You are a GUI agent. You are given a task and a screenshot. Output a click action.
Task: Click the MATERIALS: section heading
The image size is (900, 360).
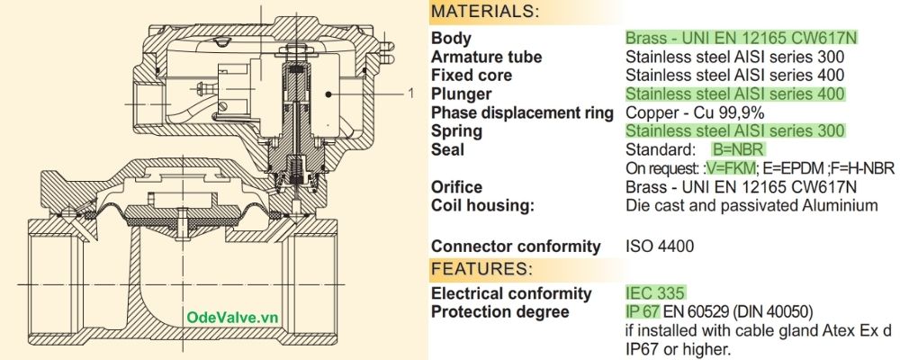[x=485, y=12]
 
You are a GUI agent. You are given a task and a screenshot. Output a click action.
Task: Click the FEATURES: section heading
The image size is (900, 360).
[x=480, y=269]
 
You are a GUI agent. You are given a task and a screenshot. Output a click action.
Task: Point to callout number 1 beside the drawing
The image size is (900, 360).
[x=410, y=93]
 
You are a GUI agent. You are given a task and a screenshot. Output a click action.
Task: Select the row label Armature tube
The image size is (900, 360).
[x=486, y=57]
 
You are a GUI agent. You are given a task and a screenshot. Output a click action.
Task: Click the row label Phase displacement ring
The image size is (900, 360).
[x=522, y=112]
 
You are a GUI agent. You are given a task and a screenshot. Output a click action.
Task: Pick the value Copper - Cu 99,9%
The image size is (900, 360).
[x=695, y=112]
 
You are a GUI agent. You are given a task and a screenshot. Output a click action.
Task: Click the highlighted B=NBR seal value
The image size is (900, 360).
[x=739, y=149]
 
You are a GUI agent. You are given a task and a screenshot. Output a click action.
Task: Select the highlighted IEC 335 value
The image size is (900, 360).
[x=655, y=292]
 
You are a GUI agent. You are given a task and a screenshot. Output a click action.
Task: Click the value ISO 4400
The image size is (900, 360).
[x=660, y=246]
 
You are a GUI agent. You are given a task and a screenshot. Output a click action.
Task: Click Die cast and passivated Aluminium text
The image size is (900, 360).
[x=751, y=205]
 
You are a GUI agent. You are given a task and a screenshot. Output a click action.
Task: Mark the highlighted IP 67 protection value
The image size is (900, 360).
[x=643, y=311]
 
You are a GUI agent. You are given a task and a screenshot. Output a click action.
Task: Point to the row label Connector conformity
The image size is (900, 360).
[x=516, y=246]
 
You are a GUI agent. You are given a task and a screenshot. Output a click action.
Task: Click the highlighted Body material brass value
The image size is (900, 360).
[x=741, y=38]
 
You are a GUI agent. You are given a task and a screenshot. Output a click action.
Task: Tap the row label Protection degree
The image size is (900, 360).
[x=499, y=311]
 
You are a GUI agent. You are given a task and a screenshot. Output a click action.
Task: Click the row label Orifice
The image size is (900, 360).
[x=456, y=186]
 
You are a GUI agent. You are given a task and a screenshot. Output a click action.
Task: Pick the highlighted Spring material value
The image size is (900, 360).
[x=735, y=130]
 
